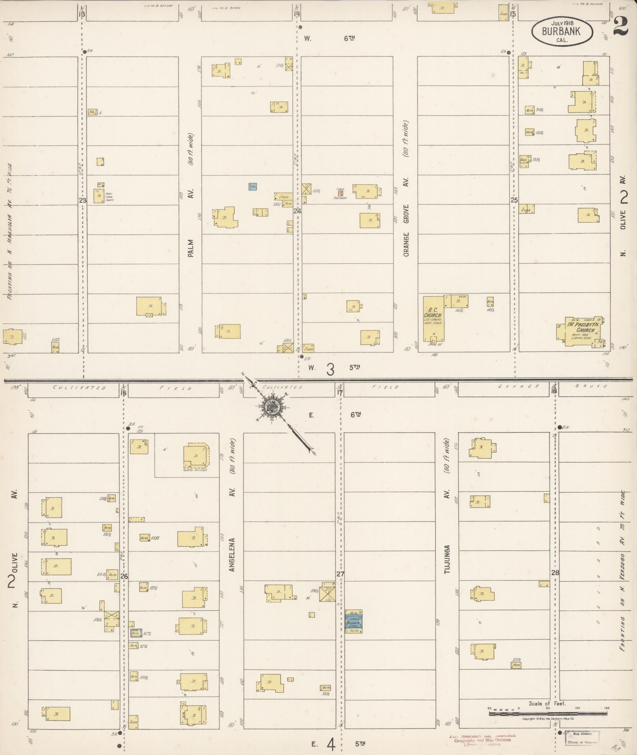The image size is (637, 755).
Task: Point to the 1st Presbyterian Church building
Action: (581, 332)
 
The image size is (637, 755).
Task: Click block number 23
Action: (82, 200)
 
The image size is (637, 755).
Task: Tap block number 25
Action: (514, 200)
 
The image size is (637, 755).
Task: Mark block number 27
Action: (340, 574)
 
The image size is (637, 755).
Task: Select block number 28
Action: (555, 573)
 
